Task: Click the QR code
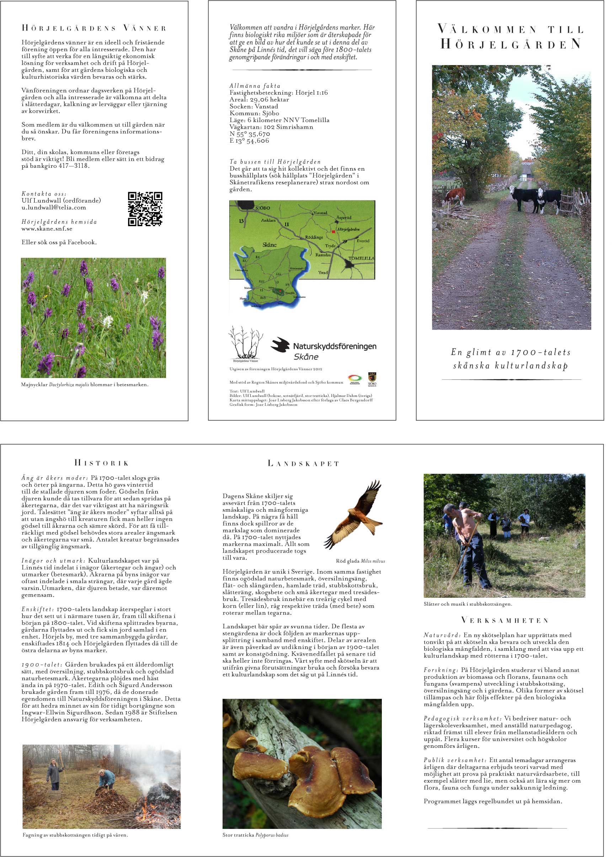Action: coord(145,209)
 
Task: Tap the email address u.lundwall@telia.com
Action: coord(54,207)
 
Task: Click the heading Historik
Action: coord(102,463)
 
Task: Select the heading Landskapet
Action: coord(303,463)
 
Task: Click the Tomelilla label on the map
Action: coord(361,259)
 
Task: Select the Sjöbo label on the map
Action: coord(263,208)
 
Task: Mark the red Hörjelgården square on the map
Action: coord(333,231)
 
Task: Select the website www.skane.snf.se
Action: coord(47,229)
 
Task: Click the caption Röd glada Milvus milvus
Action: coord(360,561)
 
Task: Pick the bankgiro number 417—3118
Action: coord(74,165)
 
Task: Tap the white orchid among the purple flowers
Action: coord(108,322)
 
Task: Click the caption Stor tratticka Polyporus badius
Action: coord(255,846)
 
